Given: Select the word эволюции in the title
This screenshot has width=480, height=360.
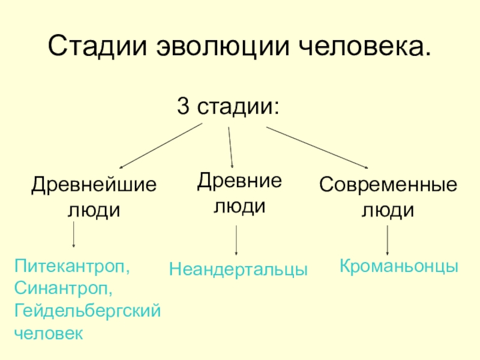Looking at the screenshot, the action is pos(208,46).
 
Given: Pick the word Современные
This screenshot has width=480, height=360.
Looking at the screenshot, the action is pos(388,184).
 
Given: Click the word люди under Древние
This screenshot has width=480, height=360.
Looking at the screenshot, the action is pos(239,206).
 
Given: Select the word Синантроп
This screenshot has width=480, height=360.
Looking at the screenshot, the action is pos(64,289).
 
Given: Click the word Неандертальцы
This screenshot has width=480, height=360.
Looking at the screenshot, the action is pos(238,269).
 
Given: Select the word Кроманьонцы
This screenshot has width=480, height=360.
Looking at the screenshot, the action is pos(400,266).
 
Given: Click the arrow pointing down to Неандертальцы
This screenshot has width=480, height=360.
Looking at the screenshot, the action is pos(236,241).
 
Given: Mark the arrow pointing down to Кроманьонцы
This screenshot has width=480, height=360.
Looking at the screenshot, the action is pos(388,241).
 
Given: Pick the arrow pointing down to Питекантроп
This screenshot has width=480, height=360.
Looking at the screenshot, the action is pos(74,235).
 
